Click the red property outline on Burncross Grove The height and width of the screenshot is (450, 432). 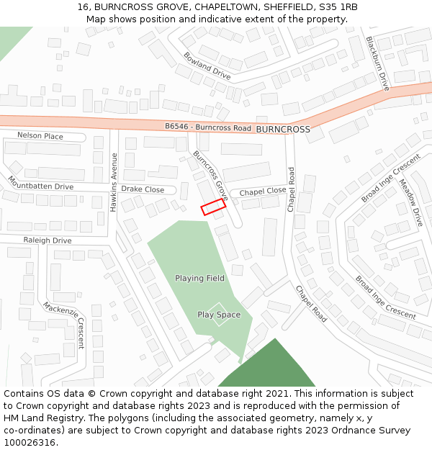[x=212, y=207]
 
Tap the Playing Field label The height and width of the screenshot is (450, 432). [x=199, y=278]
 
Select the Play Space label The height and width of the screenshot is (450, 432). [x=219, y=315]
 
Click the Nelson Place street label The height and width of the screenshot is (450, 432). [x=40, y=136]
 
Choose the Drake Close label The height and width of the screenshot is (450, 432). [x=143, y=190]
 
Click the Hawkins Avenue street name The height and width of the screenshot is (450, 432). [x=114, y=181]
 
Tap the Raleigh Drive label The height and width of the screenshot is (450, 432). [x=48, y=240]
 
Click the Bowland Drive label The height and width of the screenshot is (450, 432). [x=207, y=66]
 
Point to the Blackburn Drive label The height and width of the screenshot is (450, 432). [x=377, y=63]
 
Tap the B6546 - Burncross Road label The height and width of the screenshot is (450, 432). [x=207, y=127]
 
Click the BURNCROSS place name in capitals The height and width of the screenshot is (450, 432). [x=283, y=130]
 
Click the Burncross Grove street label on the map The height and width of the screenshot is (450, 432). [x=210, y=176]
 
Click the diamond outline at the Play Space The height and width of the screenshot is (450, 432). [x=219, y=315]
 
